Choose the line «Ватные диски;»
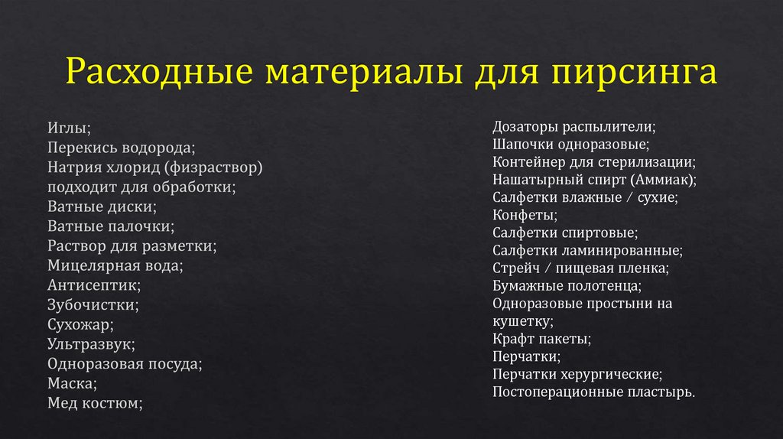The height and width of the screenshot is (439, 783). pyautogui.click(x=102, y=206)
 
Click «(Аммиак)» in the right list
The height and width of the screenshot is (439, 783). pyautogui.click(x=664, y=180)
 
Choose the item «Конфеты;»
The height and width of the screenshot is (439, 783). pyautogui.click(x=525, y=215)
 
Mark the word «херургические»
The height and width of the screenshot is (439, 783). pyautogui.click(x=614, y=375)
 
